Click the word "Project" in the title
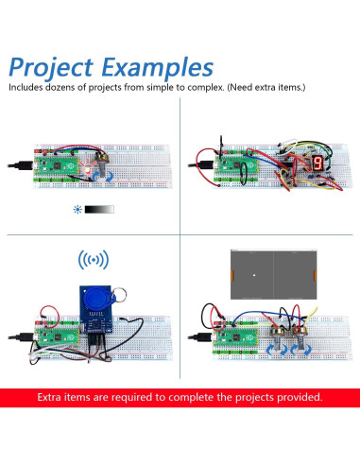tap(53, 68)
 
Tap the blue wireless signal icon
tap(93, 259)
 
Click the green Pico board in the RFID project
tap(57, 336)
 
